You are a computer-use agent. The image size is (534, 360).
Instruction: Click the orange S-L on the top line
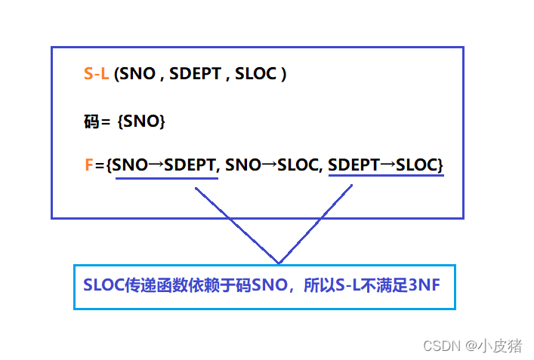97,75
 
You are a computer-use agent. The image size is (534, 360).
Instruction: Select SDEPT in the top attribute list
196,75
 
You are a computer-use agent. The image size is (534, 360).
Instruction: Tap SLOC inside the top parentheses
257,75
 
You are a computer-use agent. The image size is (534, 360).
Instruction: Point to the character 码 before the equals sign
91,121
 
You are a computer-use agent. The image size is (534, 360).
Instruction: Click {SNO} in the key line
141,121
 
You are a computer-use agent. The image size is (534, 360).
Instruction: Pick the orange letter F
89,165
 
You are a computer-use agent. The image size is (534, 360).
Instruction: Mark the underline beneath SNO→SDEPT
166,179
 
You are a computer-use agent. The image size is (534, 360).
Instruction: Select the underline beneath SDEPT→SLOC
386,177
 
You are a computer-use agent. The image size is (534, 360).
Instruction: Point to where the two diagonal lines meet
279,263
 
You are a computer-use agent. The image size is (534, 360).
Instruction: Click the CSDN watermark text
441,346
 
